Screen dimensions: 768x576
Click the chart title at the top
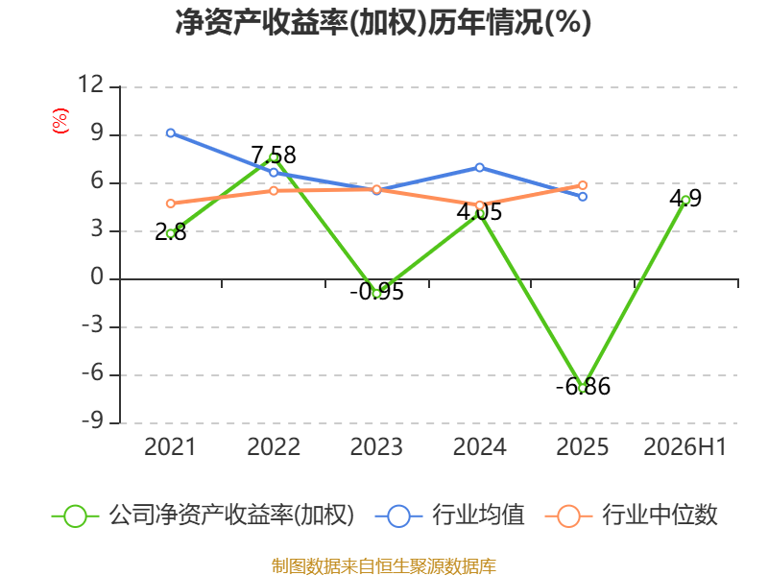click(383, 22)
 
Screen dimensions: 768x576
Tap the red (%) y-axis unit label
click(60, 121)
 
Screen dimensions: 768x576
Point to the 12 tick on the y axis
click(90, 84)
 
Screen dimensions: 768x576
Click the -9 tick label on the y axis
click(92, 420)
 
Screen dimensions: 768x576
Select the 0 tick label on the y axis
click(97, 276)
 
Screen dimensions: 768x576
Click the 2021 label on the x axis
click(170, 446)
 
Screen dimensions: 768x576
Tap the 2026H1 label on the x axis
click(684, 446)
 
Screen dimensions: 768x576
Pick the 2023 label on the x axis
click(376, 446)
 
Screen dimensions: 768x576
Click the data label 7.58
click(274, 156)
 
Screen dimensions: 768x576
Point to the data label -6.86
click(583, 387)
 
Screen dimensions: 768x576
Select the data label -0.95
click(376, 292)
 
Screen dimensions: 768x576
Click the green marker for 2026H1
click(685, 200)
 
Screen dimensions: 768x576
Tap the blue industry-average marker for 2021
click(171, 132)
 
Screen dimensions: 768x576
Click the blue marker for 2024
click(479, 167)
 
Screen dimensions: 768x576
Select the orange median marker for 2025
click(583, 185)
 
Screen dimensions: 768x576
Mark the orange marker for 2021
click(171, 204)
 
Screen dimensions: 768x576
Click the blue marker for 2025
click(583, 197)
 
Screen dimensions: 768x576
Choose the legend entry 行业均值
click(449, 516)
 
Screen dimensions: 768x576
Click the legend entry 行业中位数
click(631, 516)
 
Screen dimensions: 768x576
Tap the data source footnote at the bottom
click(384, 566)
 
